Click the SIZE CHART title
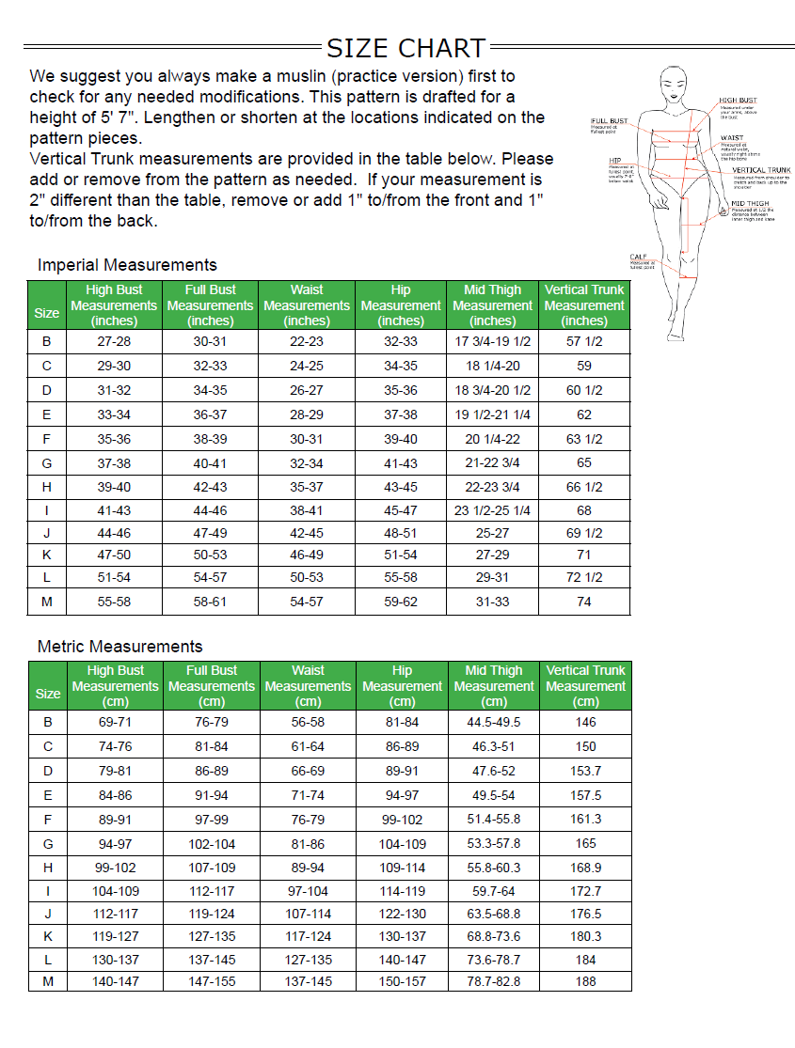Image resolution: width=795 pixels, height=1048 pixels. pos(405,48)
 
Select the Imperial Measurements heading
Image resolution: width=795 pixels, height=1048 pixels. pos(127,265)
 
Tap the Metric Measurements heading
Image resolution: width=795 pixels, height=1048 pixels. pos(119,647)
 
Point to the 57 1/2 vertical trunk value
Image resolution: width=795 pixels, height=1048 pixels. pos(584,341)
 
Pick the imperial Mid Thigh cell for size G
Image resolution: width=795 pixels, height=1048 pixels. pos(493,463)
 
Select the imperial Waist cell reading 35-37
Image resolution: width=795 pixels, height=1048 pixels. pos(307,487)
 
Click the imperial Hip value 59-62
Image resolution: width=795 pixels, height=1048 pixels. pos(401,602)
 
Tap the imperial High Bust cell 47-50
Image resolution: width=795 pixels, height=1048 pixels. pos(114,555)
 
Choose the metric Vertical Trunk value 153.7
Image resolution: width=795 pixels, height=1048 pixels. pos(585,771)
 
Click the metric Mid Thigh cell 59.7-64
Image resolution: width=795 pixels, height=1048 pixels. pos(494,891)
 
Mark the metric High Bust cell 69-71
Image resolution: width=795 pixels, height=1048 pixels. pos(115,723)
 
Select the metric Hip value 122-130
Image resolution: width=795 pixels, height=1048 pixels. pos(402,914)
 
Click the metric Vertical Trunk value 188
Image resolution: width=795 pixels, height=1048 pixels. pos(585,981)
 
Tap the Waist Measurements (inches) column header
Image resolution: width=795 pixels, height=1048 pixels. pos(307,305)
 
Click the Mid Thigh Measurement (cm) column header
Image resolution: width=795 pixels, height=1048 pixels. pos(494,686)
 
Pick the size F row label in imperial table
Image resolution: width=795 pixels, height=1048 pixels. pos(47,439)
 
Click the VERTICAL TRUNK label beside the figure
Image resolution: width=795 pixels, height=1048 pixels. pos(761,170)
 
